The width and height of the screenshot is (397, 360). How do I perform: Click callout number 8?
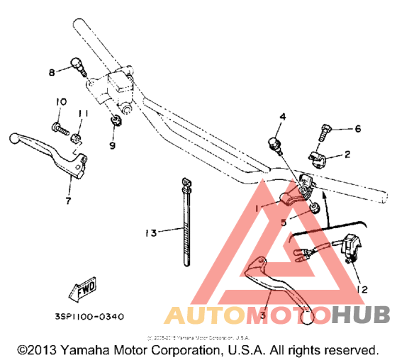tap(52, 72)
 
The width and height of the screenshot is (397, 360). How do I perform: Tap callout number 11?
tap(83, 113)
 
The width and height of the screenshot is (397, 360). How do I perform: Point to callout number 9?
tap(112, 146)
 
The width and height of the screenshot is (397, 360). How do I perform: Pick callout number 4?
tap(281, 116)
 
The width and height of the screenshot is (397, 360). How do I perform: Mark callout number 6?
tap(358, 128)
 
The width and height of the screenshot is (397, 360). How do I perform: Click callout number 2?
tap(347, 154)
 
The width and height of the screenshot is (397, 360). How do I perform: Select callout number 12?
tap(363, 288)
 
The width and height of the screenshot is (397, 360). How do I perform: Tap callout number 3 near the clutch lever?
tap(263, 315)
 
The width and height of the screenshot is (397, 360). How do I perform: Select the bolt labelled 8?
tap(78, 67)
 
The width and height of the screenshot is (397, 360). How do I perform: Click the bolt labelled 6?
tap(325, 131)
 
